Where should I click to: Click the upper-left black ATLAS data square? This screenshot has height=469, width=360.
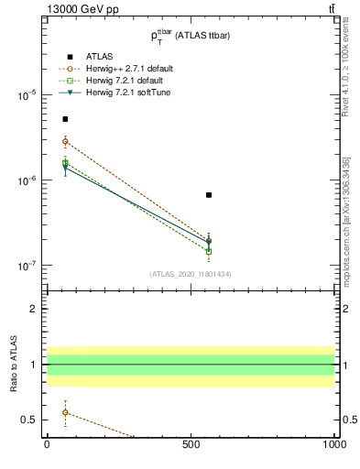click(x=65, y=119)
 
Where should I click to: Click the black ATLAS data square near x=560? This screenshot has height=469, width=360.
click(x=209, y=195)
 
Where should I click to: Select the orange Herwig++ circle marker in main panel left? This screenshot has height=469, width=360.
click(x=65, y=141)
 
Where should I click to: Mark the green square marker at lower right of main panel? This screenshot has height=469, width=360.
click(x=209, y=251)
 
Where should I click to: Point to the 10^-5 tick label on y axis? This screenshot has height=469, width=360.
click(x=28, y=95)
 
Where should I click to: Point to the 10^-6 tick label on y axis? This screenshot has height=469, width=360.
click(x=28, y=180)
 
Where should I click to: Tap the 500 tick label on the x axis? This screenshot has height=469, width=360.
click(x=191, y=445)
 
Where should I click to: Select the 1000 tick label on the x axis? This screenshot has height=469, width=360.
click(x=333, y=445)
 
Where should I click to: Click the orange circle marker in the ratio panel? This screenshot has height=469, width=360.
click(x=65, y=412)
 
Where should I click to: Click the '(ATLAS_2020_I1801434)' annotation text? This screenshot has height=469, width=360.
click(x=191, y=274)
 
